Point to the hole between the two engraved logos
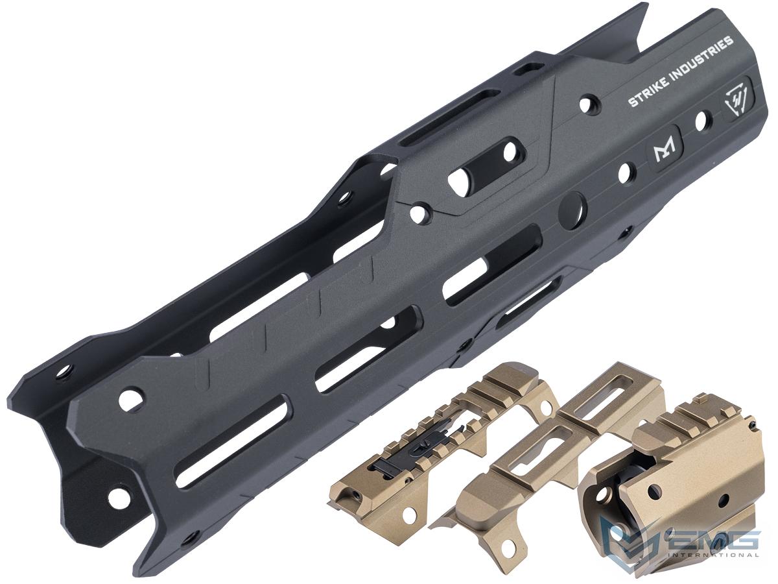[703, 121]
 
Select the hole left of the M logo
[626, 173]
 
